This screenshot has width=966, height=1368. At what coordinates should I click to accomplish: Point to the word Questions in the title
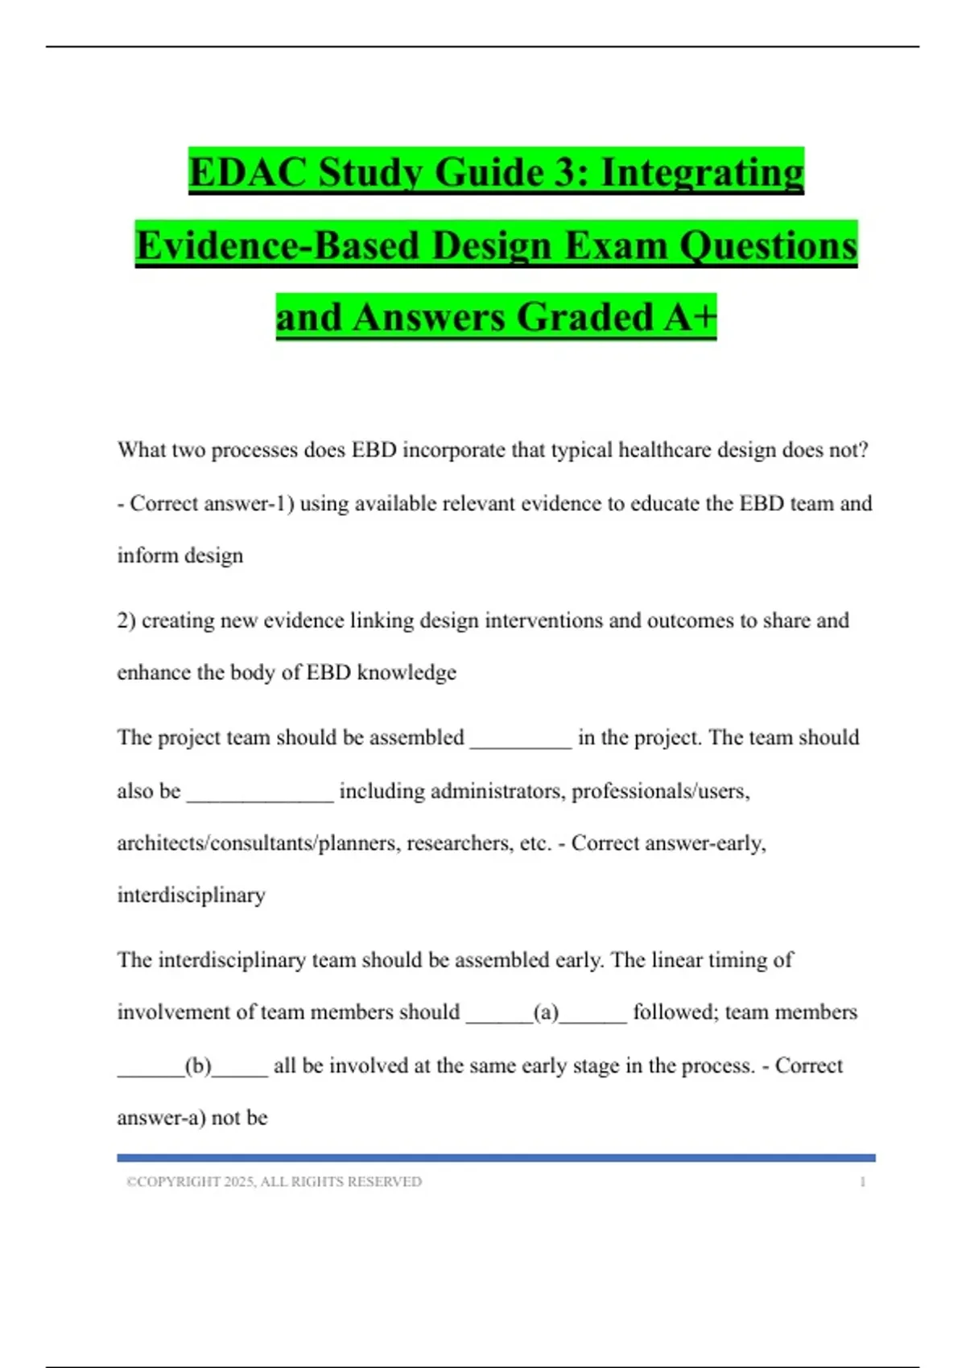[x=768, y=245]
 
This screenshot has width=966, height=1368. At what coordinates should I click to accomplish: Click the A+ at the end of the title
[x=690, y=317]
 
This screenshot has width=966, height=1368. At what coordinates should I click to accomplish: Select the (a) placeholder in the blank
[x=547, y=1012]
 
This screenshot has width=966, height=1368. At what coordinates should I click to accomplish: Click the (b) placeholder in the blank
[x=198, y=1066]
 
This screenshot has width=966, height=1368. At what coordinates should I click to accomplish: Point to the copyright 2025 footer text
[x=274, y=1181]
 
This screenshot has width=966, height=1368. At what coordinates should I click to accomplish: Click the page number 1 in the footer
[x=863, y=1181]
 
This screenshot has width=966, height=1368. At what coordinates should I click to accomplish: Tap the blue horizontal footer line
[x=496, y=1158]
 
